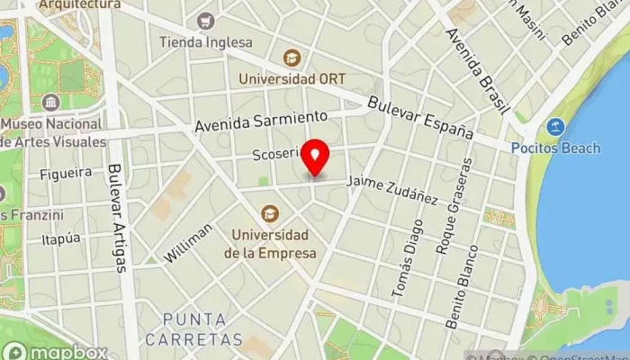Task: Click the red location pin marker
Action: [316, 158]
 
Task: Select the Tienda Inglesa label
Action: [206, 41]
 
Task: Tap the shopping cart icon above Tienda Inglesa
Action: [207, 20]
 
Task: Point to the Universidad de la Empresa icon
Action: [269, 213]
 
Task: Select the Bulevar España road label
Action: [420, 117]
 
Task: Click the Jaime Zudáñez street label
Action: [392, 189]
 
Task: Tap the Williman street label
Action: [188, 243]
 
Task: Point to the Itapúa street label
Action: [61, 238]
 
